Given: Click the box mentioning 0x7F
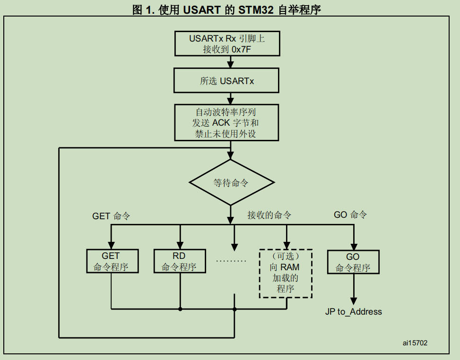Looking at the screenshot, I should [227, 43].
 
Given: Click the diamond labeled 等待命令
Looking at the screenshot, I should [231, 183].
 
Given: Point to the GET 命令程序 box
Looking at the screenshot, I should [112, 261].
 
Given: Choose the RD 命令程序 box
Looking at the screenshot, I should [180, 261].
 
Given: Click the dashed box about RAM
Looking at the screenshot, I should [286, 273].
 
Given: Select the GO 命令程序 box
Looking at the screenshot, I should [353, 262].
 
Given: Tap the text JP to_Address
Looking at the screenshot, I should [353, 312].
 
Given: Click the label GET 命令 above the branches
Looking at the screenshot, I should [111, 216].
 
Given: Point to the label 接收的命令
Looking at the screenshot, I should [269, 215].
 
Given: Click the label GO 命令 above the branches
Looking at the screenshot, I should [350, 215].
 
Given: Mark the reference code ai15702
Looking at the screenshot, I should [415, 343].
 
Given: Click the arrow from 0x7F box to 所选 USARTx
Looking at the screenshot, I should [231, 62].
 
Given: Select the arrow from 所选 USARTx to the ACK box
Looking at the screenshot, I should [231, 99].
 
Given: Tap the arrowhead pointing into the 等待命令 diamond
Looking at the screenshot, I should [231, 156].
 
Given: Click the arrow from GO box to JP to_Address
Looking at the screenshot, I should [353, 289].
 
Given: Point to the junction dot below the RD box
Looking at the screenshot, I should [180, 309].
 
